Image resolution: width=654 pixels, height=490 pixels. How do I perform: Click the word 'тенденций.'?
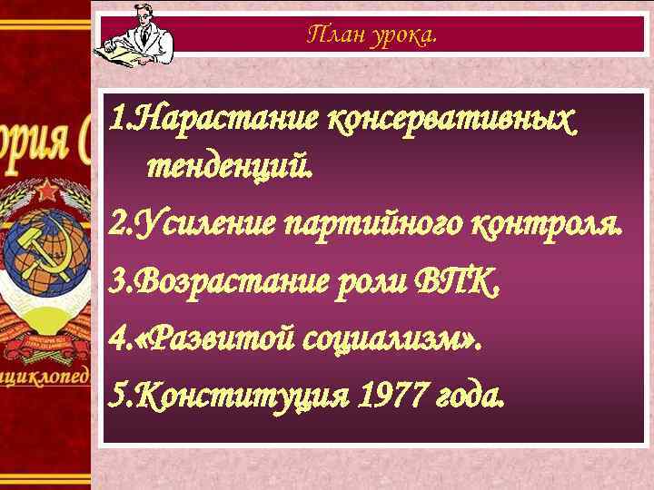[x=227, y=167]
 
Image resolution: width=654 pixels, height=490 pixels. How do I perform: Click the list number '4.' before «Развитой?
[x=119, y=341]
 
